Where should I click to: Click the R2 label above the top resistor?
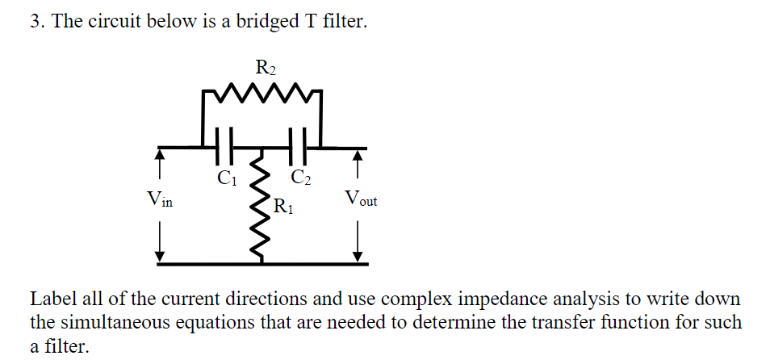pyautogui.click(x=265, y=68)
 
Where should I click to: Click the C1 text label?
pyautogui.click(x=226, y=175)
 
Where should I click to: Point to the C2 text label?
pyautogui.click(x=300, y=175)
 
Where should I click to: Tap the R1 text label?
pyautogui.click(x=283, y=207)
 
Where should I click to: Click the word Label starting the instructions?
pyautogui.click(x=52, y=298)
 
